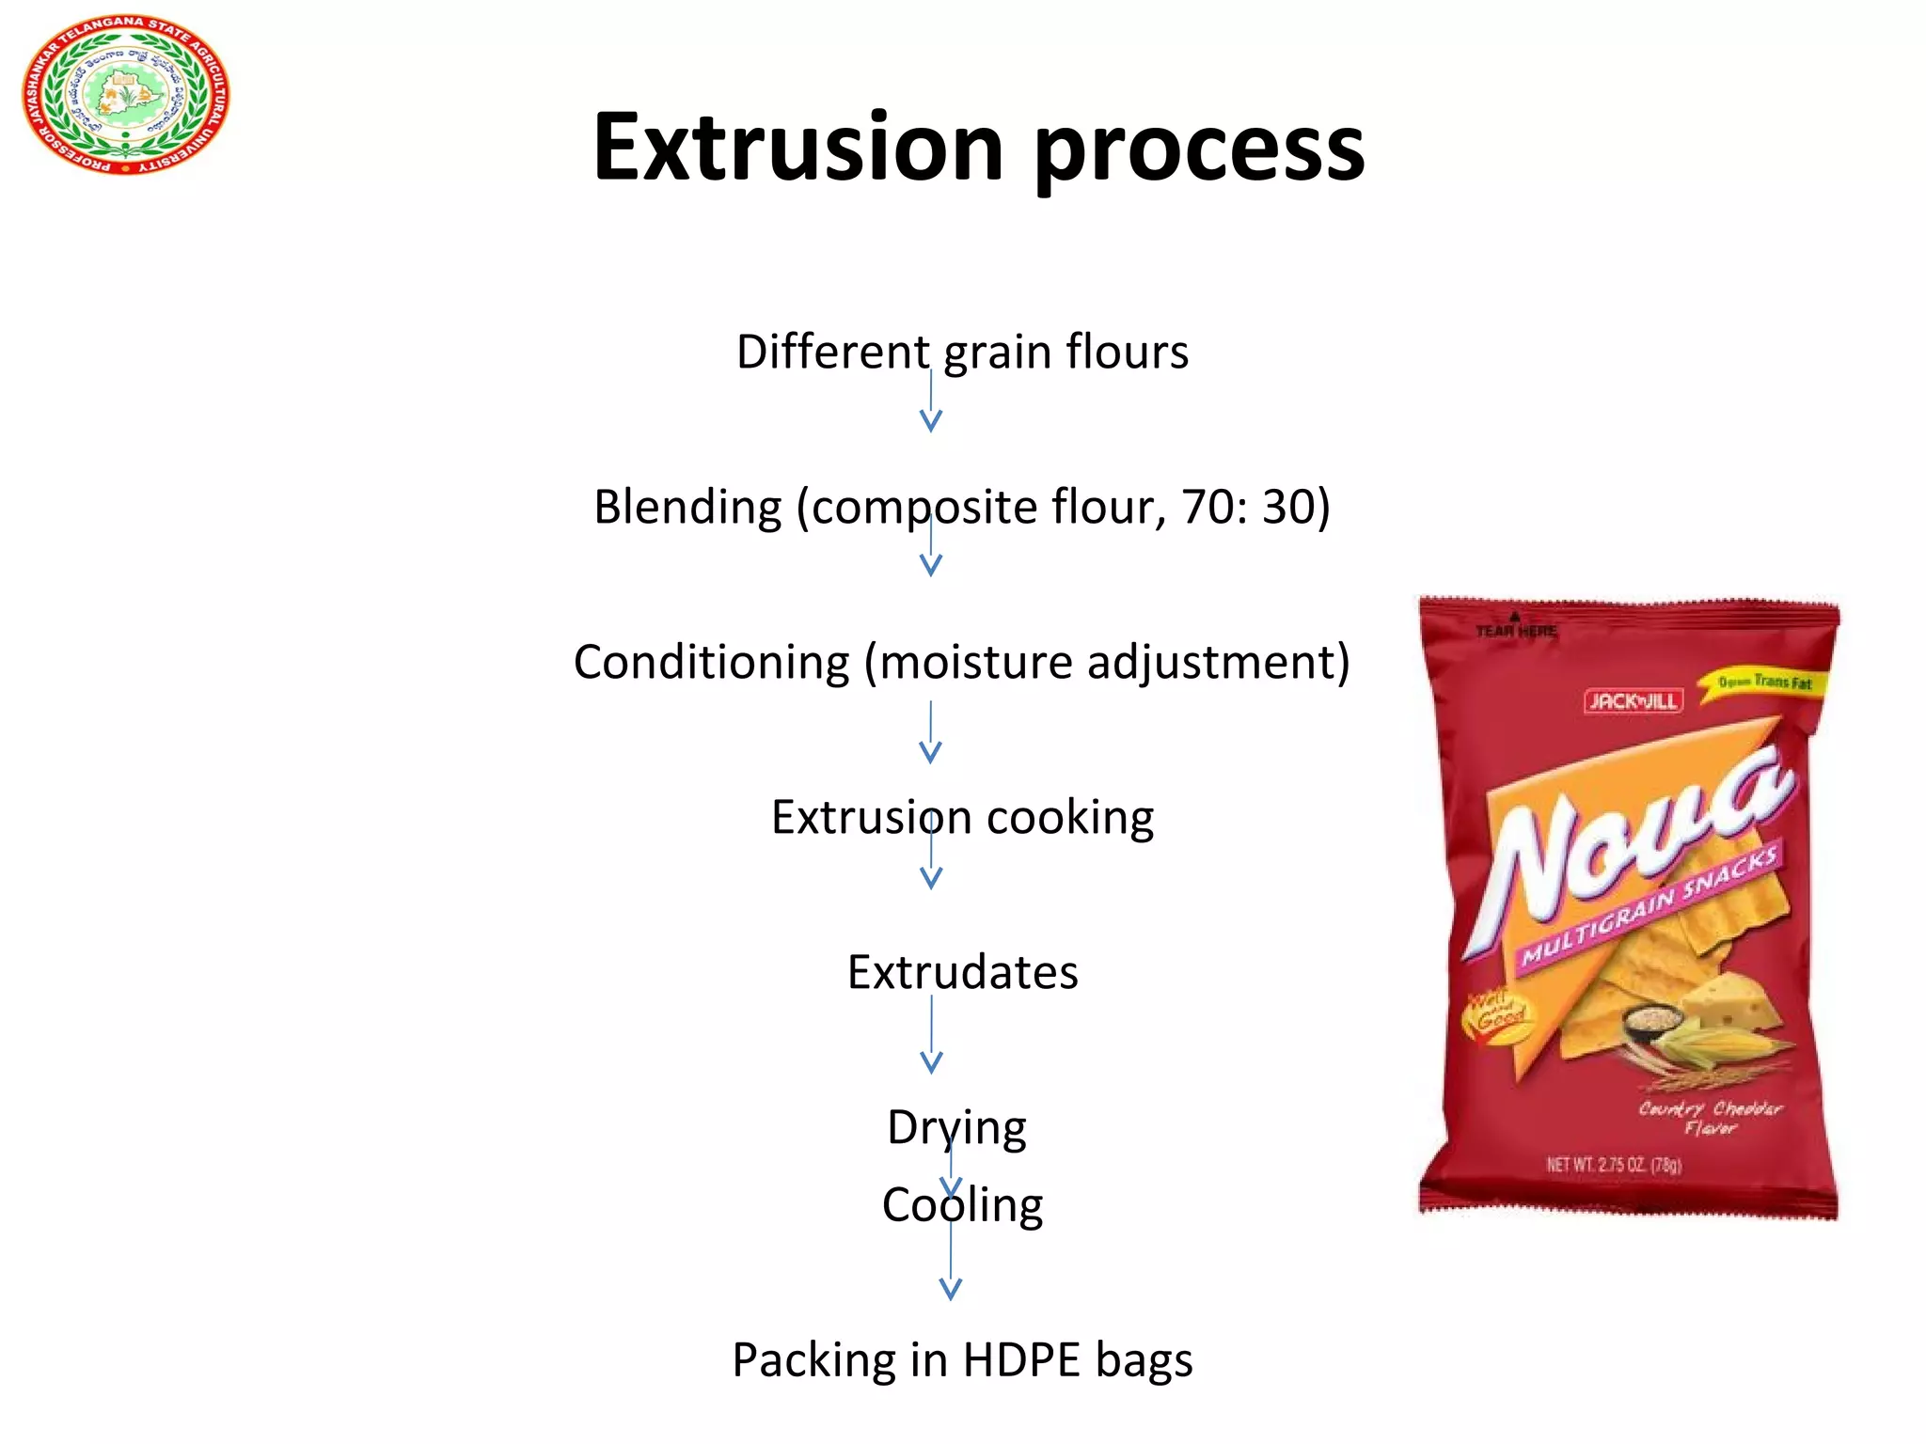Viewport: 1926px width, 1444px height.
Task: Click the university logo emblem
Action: (x=125, y=94)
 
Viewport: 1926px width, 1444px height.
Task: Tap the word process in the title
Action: (x=1199, y=150)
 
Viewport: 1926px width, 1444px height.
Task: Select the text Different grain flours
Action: (x=962, y=352)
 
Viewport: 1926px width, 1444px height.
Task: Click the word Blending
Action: (x=687, y=507)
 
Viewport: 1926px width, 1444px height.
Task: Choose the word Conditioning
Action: (x=712, y=662)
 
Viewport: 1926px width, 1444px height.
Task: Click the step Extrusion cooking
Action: (x=962, y=817)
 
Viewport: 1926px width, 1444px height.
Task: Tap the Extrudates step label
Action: (x=962, y=972)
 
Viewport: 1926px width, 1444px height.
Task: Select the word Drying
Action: (x=956, y=1127)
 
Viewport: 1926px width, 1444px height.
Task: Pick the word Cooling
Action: (x=962, y=1205)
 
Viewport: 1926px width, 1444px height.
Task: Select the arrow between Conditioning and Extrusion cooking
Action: (x=931, y=733)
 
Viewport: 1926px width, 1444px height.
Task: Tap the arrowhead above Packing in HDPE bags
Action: (x=951, y=1288)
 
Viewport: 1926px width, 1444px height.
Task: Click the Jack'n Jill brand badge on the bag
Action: (x=1633, y=701)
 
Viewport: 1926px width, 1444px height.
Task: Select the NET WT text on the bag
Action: (x=1614, y=1165)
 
